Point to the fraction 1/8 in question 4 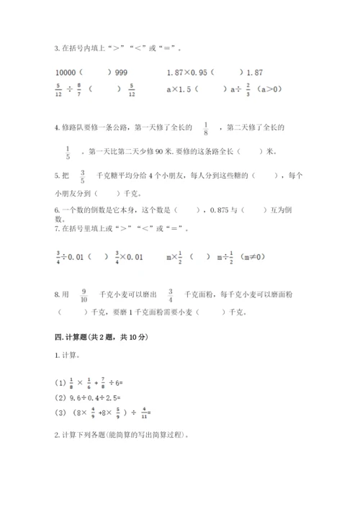(x=206, y=128)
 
